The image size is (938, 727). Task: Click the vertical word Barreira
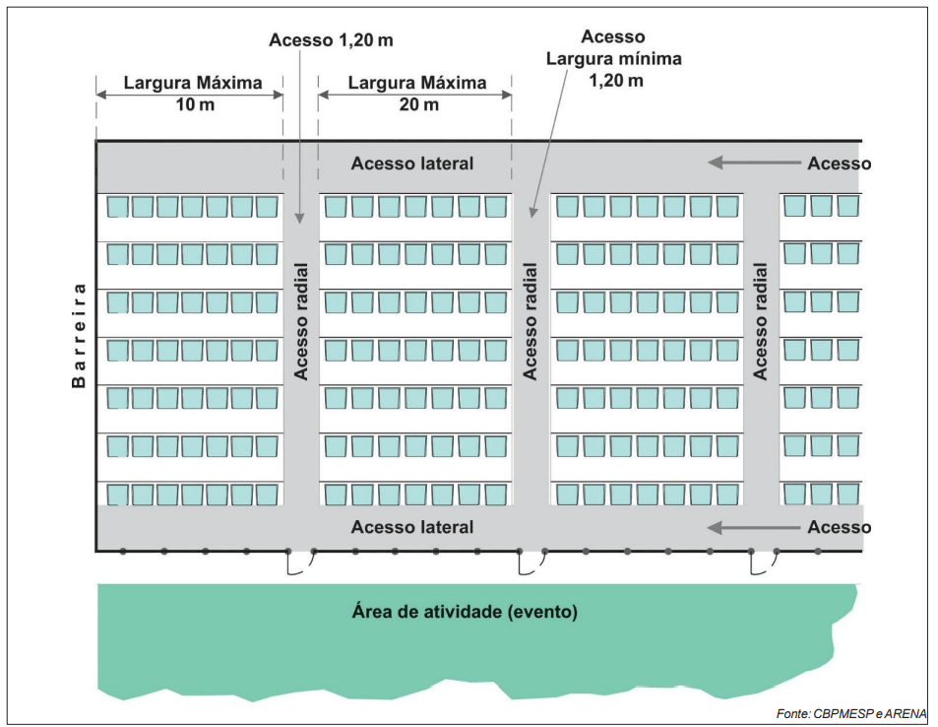click(x=79, y=335)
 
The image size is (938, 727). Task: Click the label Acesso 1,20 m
click(x=331, y=40)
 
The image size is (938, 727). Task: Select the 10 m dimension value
click(x=195, y=104)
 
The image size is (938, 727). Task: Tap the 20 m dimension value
click(x=418, y=104)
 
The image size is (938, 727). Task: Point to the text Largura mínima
click(x=614, y=59)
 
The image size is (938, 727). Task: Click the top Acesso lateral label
click(x=412, y=164)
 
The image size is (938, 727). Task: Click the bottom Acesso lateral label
click(x=412, y=527)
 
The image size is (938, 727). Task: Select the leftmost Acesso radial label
click(x=301, y=321)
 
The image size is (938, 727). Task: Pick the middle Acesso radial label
click(x=530, y=321)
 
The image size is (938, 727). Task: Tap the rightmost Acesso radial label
click(x=760, y=321)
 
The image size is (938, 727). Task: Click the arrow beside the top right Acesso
click(x=754, y=163)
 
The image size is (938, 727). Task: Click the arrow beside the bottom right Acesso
click(x=754, y=528)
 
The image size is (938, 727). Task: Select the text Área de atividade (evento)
click(x=465, y=612)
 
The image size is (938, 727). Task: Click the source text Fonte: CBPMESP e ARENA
click(x=851, y=714)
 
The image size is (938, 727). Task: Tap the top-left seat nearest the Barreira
click(x=118, y=207)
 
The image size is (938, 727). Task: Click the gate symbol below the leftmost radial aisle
click(x=301, y=562)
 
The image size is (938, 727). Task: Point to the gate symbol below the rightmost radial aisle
click(x=764, y=562)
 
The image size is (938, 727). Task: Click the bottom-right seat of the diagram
click(x=848, y=495)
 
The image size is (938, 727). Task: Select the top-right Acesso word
click(x=840, y=164)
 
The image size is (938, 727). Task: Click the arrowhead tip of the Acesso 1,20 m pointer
click(x=299, y=224)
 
